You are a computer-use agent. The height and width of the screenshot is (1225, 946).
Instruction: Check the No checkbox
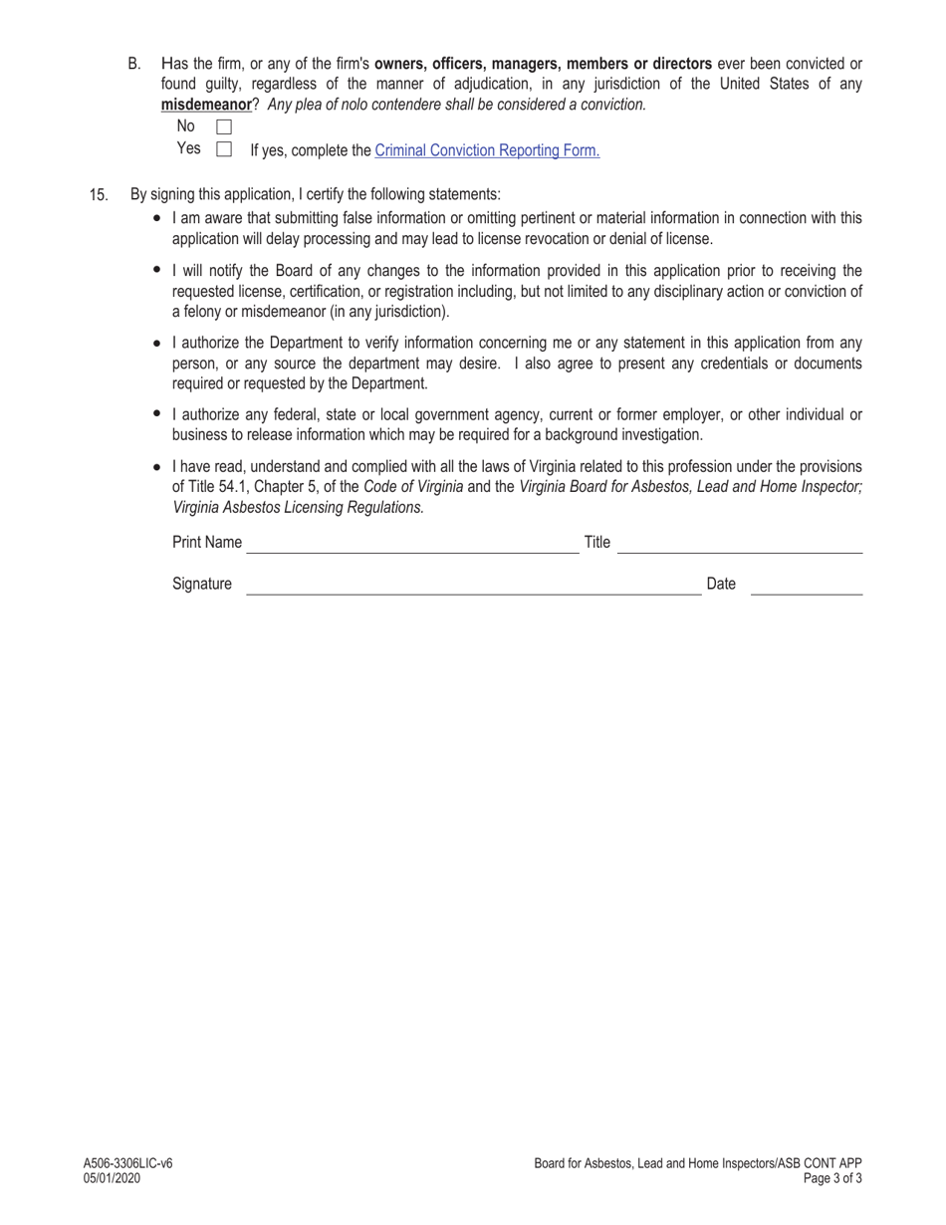click(x=224, y=126)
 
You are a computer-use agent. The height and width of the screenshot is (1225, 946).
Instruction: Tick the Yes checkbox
click(x=224, y=149)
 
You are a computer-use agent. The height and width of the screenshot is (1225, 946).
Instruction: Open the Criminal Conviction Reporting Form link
click(x=487, y=150)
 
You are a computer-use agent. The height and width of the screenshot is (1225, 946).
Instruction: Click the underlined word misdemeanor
click(x=206, y=104)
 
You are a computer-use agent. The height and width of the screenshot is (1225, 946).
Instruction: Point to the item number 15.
click(x=99, y=194)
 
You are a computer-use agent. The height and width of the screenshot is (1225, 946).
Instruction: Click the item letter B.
click(x=134, y=64)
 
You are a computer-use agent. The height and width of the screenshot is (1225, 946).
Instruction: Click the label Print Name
click(x=207, y=542)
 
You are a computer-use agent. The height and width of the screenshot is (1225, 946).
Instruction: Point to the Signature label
click(x=202, y=584)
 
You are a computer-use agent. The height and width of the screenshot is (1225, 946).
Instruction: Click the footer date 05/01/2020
click(x=113, y=1178)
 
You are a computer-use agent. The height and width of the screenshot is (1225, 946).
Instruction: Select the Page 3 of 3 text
click(x=833, y=1178)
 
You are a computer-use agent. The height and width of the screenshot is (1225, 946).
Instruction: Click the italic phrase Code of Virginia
click(x=413, y=487)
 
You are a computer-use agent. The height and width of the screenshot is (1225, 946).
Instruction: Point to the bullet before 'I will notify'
click(x=157, y=270)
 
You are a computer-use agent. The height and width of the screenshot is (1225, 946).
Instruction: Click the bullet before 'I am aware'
click(x=157, y=217)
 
